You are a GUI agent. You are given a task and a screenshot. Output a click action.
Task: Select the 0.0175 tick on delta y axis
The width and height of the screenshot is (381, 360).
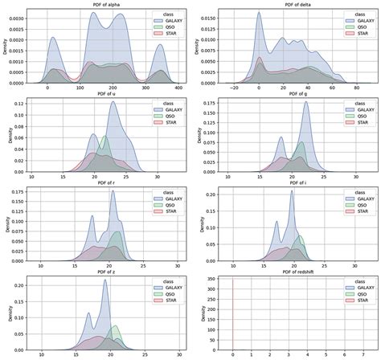(203, 11)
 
